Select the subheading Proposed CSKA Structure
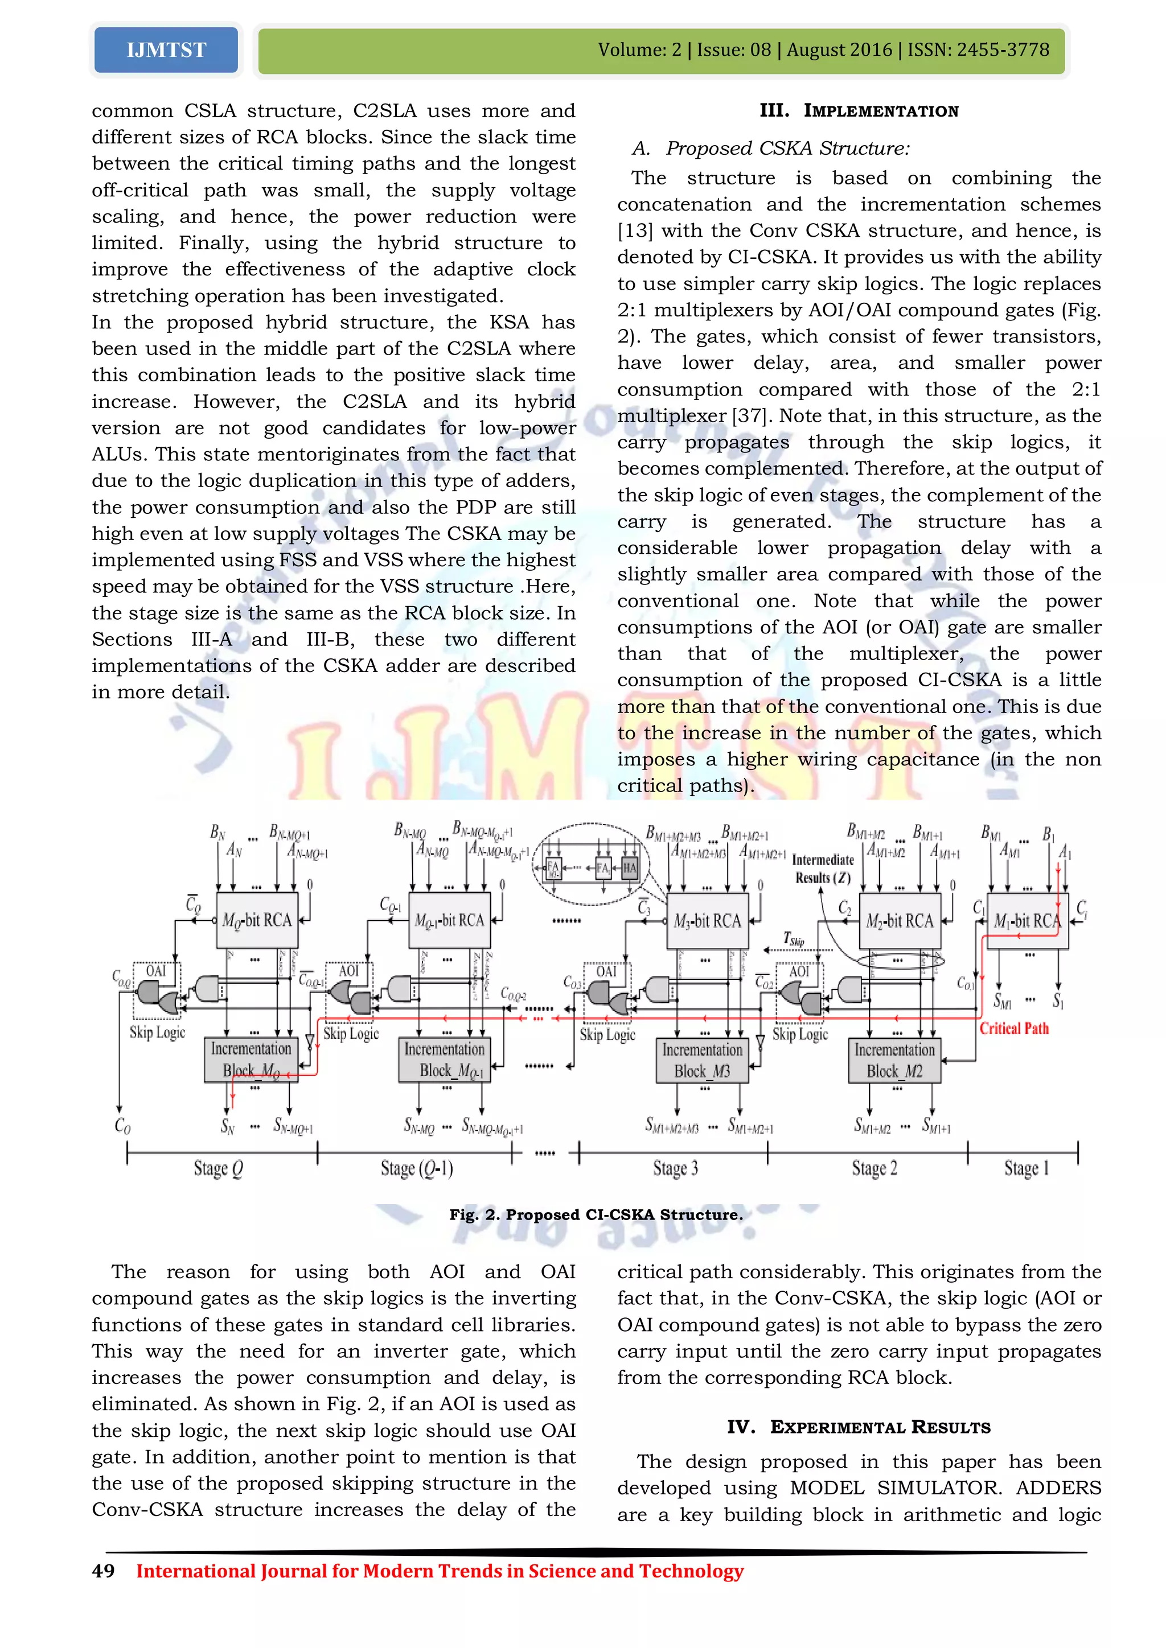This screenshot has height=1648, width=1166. coord(787,149)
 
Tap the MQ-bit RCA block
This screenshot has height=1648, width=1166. coord(257,920)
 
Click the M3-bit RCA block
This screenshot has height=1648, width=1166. coord(707,921)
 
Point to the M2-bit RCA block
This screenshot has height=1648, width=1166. coord(900,921)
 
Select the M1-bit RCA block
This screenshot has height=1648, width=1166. coord(1027,921)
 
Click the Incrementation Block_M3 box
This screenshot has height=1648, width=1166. coord(701,1060)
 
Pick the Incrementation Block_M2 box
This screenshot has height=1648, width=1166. coord(894,1060)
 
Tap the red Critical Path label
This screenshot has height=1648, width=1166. coord(1014,1028)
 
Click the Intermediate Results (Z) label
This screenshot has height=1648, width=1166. coord(823,868)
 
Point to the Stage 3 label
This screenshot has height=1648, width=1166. coord(675,1168)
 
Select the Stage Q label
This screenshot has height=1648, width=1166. coord(218,1168)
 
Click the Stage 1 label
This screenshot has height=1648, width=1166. coord(1026,1168)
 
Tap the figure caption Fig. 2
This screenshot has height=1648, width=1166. coord(596,1214)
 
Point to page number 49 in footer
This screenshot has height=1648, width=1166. coord(104,1571)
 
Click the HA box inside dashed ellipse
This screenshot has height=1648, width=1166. coord(630,868)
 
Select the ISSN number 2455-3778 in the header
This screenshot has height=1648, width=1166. coord(1003,50)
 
